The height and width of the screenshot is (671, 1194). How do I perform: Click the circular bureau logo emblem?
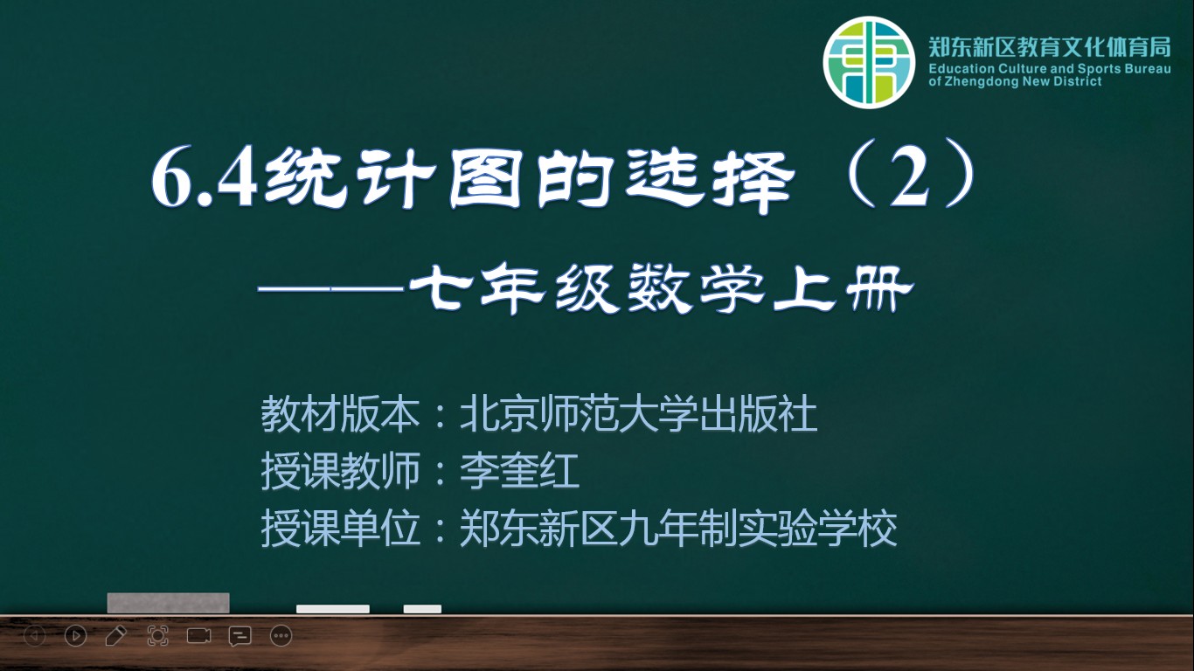point(870,62)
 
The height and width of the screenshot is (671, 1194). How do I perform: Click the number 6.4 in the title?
point(205,180)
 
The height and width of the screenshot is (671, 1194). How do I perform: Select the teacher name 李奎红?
point(519,471)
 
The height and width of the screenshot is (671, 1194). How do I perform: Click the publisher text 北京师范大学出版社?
point(638,414)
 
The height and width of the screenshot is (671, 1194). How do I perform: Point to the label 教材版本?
point(340,414)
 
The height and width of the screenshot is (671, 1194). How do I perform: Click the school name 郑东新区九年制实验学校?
point(678,529)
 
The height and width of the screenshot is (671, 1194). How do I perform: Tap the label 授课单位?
point(340,529)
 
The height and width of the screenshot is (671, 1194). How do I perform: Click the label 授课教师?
point(340,471)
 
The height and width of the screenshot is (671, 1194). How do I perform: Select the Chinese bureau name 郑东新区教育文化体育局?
point(1050,47)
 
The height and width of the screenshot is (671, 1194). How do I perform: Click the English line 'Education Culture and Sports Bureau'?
point(1050,69)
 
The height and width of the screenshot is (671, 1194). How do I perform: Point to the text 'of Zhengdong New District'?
point(1015,81)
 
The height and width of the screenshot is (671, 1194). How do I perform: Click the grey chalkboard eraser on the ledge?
point(169,603)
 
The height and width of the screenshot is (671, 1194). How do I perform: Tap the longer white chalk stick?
point(333,609)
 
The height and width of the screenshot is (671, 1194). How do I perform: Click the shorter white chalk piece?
point(422,609)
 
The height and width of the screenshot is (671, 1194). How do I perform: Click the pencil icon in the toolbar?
point(115,636)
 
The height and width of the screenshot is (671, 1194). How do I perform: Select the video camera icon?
point(198,636)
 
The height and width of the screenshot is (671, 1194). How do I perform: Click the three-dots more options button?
point(281,636)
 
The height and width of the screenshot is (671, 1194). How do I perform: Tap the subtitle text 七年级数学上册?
point(662,290)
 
